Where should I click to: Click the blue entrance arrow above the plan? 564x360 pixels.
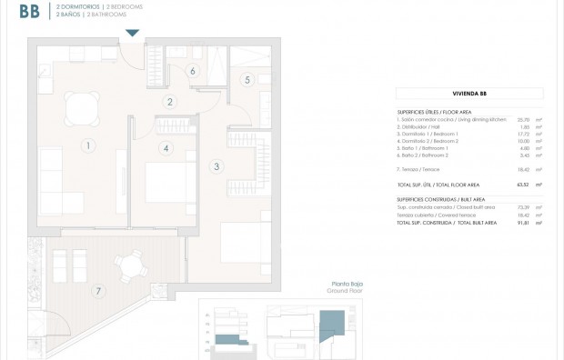tap(133, 34)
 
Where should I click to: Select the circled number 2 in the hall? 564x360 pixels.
tap(169, 102)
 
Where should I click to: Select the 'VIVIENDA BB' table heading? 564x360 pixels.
tap(469, 93)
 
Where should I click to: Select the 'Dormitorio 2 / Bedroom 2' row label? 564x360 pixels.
tap(428, 141)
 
